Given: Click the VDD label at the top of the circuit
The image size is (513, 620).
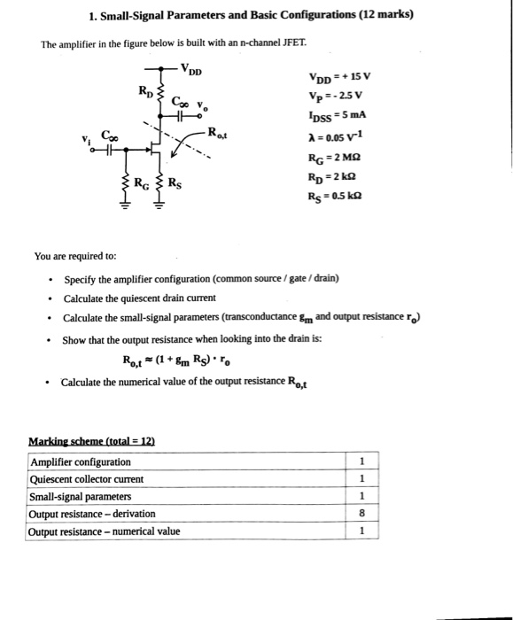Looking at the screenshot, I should (190, 68).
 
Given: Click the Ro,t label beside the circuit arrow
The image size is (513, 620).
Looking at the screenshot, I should (218, 133).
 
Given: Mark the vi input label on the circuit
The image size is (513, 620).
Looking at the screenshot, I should (85, 141).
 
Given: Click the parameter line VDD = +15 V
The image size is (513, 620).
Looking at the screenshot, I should (339, 76).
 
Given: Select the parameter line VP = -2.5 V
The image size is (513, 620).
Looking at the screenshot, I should (337, 96).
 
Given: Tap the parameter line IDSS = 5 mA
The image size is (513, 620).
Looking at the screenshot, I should (338, 115).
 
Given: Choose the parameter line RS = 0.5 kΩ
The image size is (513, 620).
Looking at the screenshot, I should (338, 195).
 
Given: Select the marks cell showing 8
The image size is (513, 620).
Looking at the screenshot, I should (361, 514).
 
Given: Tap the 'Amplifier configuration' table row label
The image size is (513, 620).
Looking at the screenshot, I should (81, 461).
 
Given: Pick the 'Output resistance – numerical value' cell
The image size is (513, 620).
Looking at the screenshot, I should (105, 531).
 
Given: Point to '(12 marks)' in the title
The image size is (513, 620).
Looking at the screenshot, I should (382, 15).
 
